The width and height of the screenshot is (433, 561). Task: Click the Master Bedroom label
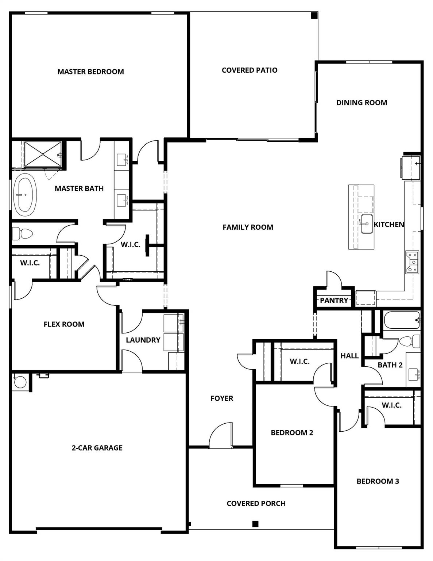[90, 72]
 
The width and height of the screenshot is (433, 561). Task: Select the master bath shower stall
[43, 154]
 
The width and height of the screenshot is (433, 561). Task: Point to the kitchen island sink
[366, 224]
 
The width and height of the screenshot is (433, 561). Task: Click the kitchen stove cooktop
[413, 262]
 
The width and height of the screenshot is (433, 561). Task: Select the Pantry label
[334, 300]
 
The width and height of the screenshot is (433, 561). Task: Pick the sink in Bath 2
[414, 374]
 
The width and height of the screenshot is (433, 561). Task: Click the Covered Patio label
[250, 70]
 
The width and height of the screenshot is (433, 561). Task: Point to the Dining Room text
[362, 103]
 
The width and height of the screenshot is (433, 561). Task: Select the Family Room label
[248, 227]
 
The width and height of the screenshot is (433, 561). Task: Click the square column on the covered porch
[255, 524]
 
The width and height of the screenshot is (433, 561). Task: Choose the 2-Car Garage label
[97, 448]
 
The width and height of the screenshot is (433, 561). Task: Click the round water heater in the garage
[20, 382]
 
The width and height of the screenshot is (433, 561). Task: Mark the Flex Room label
[64, 324]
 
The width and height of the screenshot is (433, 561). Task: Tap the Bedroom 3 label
[378, 481]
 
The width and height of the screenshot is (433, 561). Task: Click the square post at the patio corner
[314, 15]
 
